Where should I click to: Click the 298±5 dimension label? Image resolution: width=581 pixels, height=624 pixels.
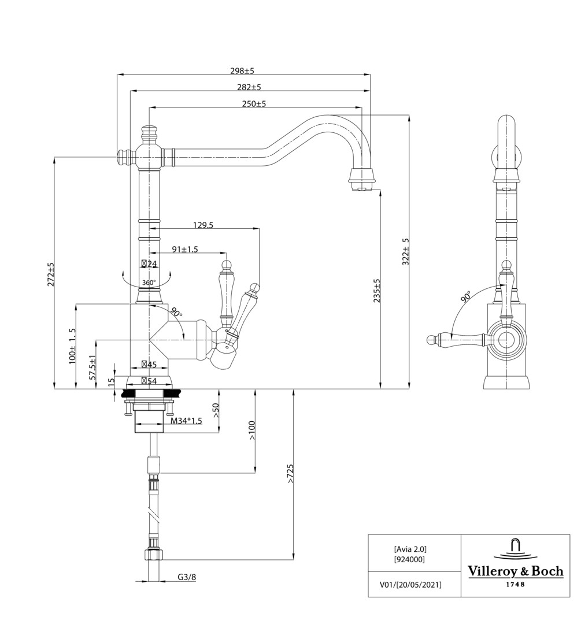pyautogui.click(x=242, y=70)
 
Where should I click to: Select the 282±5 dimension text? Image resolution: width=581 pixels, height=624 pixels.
pyautogui.click(x=249, y=87)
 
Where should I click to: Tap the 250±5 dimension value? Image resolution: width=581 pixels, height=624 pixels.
pyautogui.click(x=254, y=104)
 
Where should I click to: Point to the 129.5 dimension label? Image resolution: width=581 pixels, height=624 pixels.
pyautogui.click(x=202, y=225)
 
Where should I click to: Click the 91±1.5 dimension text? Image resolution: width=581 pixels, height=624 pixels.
pyautogui.click(x=185, y=249)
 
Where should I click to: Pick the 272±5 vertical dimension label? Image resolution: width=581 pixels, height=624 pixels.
pyautogui.click(x=51, y=274)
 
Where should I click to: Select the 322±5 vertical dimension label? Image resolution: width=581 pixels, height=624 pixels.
pyautogui.click(x=406, y=251)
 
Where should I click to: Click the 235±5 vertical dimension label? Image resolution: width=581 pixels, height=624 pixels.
pyautogui.click(x=377, y=291)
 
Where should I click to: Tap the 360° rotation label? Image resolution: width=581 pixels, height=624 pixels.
pyautogui.click(x=149, y=283)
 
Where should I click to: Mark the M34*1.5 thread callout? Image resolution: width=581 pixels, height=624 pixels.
pyautogui.click(x=186, y=421)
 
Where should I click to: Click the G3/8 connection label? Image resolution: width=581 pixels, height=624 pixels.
pyautogui.click(x=187, y=577)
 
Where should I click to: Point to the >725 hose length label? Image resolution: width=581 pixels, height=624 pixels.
pyautogui.click(x=290, y=474)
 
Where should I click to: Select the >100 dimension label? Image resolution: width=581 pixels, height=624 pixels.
pyautogui.click(x=252, y=430)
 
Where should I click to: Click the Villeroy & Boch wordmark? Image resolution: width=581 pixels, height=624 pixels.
pyautogui.click(x=515, y=571)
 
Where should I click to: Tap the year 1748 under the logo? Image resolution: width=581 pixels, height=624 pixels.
pyautogui.click(x=515, y=585)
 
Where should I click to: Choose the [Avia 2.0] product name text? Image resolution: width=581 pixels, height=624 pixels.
pyautogui.click(x=410, y=549)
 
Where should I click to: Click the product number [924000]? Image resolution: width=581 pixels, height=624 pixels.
pyautogui.click(x=410, y=559)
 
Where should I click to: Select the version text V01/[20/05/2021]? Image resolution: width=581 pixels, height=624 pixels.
pyautogui.click(x=410, y=585)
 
